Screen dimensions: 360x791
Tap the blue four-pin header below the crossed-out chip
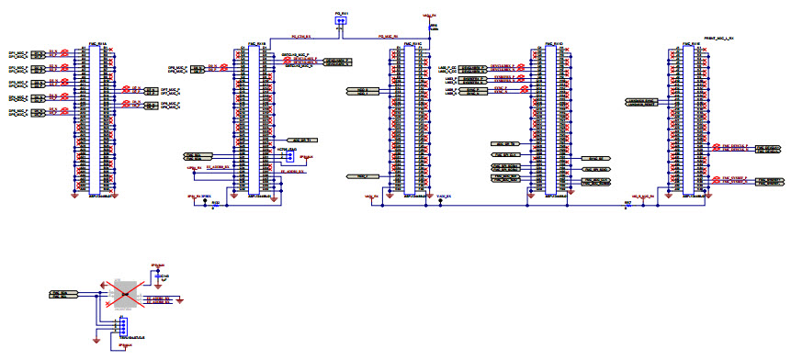[121, 327]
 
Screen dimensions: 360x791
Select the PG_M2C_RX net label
[390, 38]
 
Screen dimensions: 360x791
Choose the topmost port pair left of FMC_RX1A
[39, 54]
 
